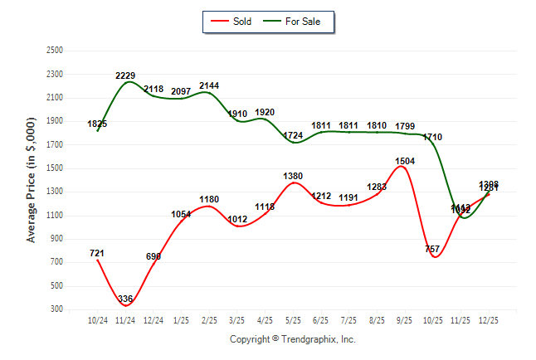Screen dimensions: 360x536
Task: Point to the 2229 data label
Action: point(125,75)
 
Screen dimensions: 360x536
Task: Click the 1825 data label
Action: point(97,124)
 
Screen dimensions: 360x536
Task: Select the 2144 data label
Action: point(209,85)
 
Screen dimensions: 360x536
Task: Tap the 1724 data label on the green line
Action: point(293,135)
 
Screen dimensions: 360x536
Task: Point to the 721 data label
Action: point(97,252)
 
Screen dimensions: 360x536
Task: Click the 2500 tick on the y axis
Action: point(55,51)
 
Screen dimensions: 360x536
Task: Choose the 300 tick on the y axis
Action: point(57,309)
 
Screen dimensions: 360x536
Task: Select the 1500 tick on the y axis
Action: point(55,168)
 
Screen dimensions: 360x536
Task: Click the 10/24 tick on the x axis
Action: point(98,319)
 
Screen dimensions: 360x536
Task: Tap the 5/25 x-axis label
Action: point(293,319)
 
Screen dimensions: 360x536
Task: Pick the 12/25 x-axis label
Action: point(489,319)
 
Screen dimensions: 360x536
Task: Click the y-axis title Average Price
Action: point(32,179)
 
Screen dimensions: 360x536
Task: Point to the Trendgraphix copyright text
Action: point(292,339)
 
